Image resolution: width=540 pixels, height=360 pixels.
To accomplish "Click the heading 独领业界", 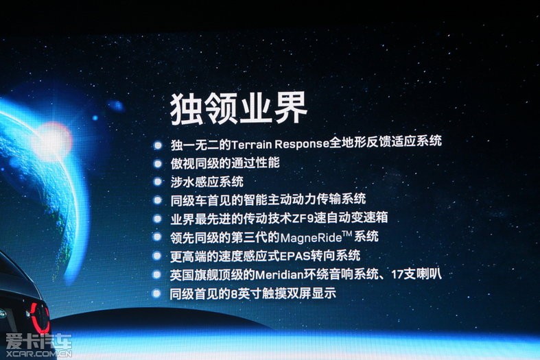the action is (x=238, y=109).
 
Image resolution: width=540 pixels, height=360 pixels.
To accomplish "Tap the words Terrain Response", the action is (x=281, y=143).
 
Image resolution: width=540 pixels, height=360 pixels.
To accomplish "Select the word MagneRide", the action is (x=311, y=238).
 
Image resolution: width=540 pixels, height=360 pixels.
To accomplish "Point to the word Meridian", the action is (x=280, y=275).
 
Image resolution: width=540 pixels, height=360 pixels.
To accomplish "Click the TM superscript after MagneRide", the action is (x=347, y=234).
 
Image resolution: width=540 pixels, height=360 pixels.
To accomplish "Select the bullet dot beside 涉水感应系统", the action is (x=157, y=182).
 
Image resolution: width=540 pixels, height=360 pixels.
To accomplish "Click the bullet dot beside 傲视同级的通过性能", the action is (x=157, y=163).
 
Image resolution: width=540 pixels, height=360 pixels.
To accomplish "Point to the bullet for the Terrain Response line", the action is (x=157, y=145).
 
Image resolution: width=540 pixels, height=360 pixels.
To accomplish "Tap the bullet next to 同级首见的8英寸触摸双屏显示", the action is (x=156, y=293).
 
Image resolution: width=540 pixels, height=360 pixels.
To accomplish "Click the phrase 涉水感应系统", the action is (x=207, y=182).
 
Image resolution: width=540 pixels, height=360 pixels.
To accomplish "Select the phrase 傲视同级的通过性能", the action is (x=225, y=163).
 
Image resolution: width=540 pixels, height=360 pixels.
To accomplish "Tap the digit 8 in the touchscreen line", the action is (x=235, y=294).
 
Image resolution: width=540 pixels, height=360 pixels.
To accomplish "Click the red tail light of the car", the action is (x=39, y=317).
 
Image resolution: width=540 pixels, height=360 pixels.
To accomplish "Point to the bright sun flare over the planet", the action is (x=51, y=139).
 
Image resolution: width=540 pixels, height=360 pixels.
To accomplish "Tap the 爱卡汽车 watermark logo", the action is (x=38, y=341).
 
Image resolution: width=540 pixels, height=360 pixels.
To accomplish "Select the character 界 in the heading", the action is (x=290, y=109).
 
